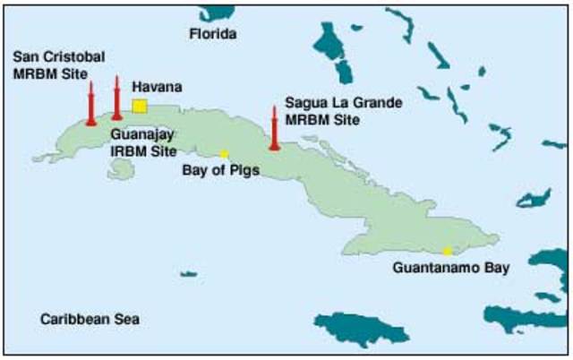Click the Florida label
point(213,34)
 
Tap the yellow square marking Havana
point(140,106)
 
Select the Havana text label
point(157,87)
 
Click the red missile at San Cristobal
point(90,104)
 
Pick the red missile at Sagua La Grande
point(274,129)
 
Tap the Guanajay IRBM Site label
point(144,142)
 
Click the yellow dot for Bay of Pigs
point(224,153)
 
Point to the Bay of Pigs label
point(220,168)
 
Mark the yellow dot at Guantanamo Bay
point(447,251)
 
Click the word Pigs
point(244,168)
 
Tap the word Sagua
point(304,103)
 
